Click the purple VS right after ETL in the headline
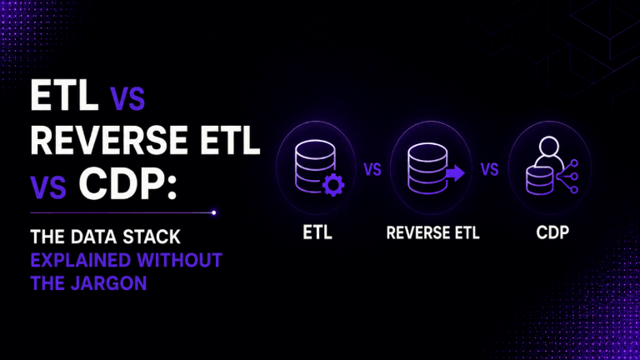(127, 98)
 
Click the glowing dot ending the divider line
(214, 212)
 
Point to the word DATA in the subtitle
(93, 237)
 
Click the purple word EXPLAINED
(80, 260)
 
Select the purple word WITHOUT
(180, 260)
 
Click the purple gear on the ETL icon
(333, 185)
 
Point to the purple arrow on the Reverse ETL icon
(455, 173)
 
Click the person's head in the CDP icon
(548, 147)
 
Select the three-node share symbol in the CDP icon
(568, 177)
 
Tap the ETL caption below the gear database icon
(317, 232)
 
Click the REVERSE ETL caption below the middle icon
(432, 232)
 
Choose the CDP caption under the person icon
(552, 232)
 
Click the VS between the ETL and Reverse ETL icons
(372, 169)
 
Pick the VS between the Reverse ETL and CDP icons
(489, 169)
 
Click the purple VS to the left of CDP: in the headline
(48, 187)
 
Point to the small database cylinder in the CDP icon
(540, 180)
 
